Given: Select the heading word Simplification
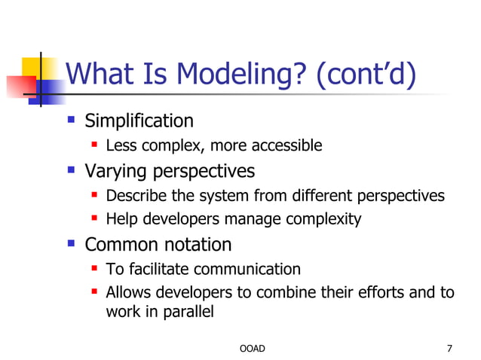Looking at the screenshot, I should coord(139,121).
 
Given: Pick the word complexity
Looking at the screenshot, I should coord(325,220).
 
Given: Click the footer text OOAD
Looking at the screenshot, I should coord(252,348).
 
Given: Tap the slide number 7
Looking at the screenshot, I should coord(449,348).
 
